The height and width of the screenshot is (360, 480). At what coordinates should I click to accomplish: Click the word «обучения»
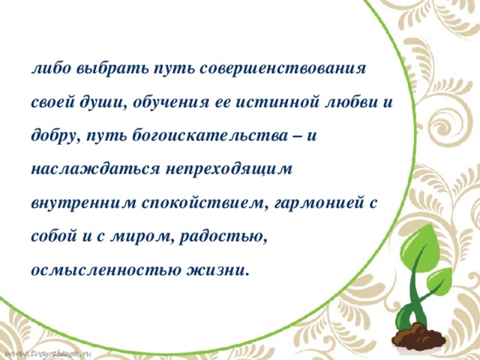pyautogui.click(x=175, y=101)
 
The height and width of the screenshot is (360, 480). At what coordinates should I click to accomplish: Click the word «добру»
pyautogui.click(x=55, y=136)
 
